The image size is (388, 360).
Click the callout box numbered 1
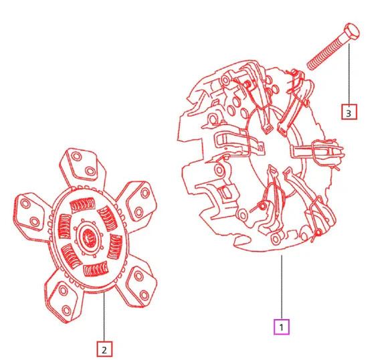[x=282, y=327]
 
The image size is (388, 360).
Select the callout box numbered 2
[x=104, y=349]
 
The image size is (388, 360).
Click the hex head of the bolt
[x=351, y=31]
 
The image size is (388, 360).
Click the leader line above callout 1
[x=282, y=287]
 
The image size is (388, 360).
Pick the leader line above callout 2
[x=104, y=317]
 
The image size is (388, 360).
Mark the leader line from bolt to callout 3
[x=349, y=74]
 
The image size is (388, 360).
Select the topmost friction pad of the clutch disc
[x=82, y=164]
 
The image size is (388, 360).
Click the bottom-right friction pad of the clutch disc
[x=138, y=286]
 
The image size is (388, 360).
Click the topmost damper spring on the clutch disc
[x=83, y=205]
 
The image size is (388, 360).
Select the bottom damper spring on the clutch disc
[x=96, y=269]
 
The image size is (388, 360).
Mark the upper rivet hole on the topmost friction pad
[x=76, y=157]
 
